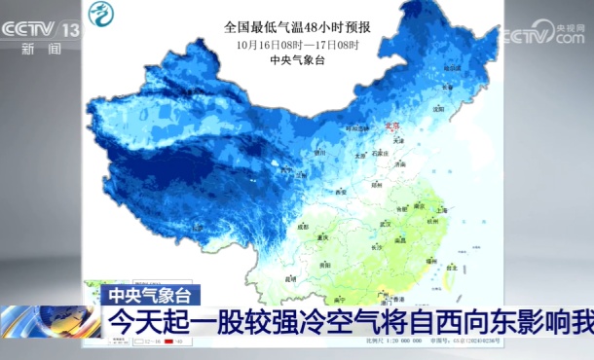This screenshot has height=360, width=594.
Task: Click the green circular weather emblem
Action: click(x=100, y=14)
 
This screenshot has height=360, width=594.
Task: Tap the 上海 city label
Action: click(x=440, y=208)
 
